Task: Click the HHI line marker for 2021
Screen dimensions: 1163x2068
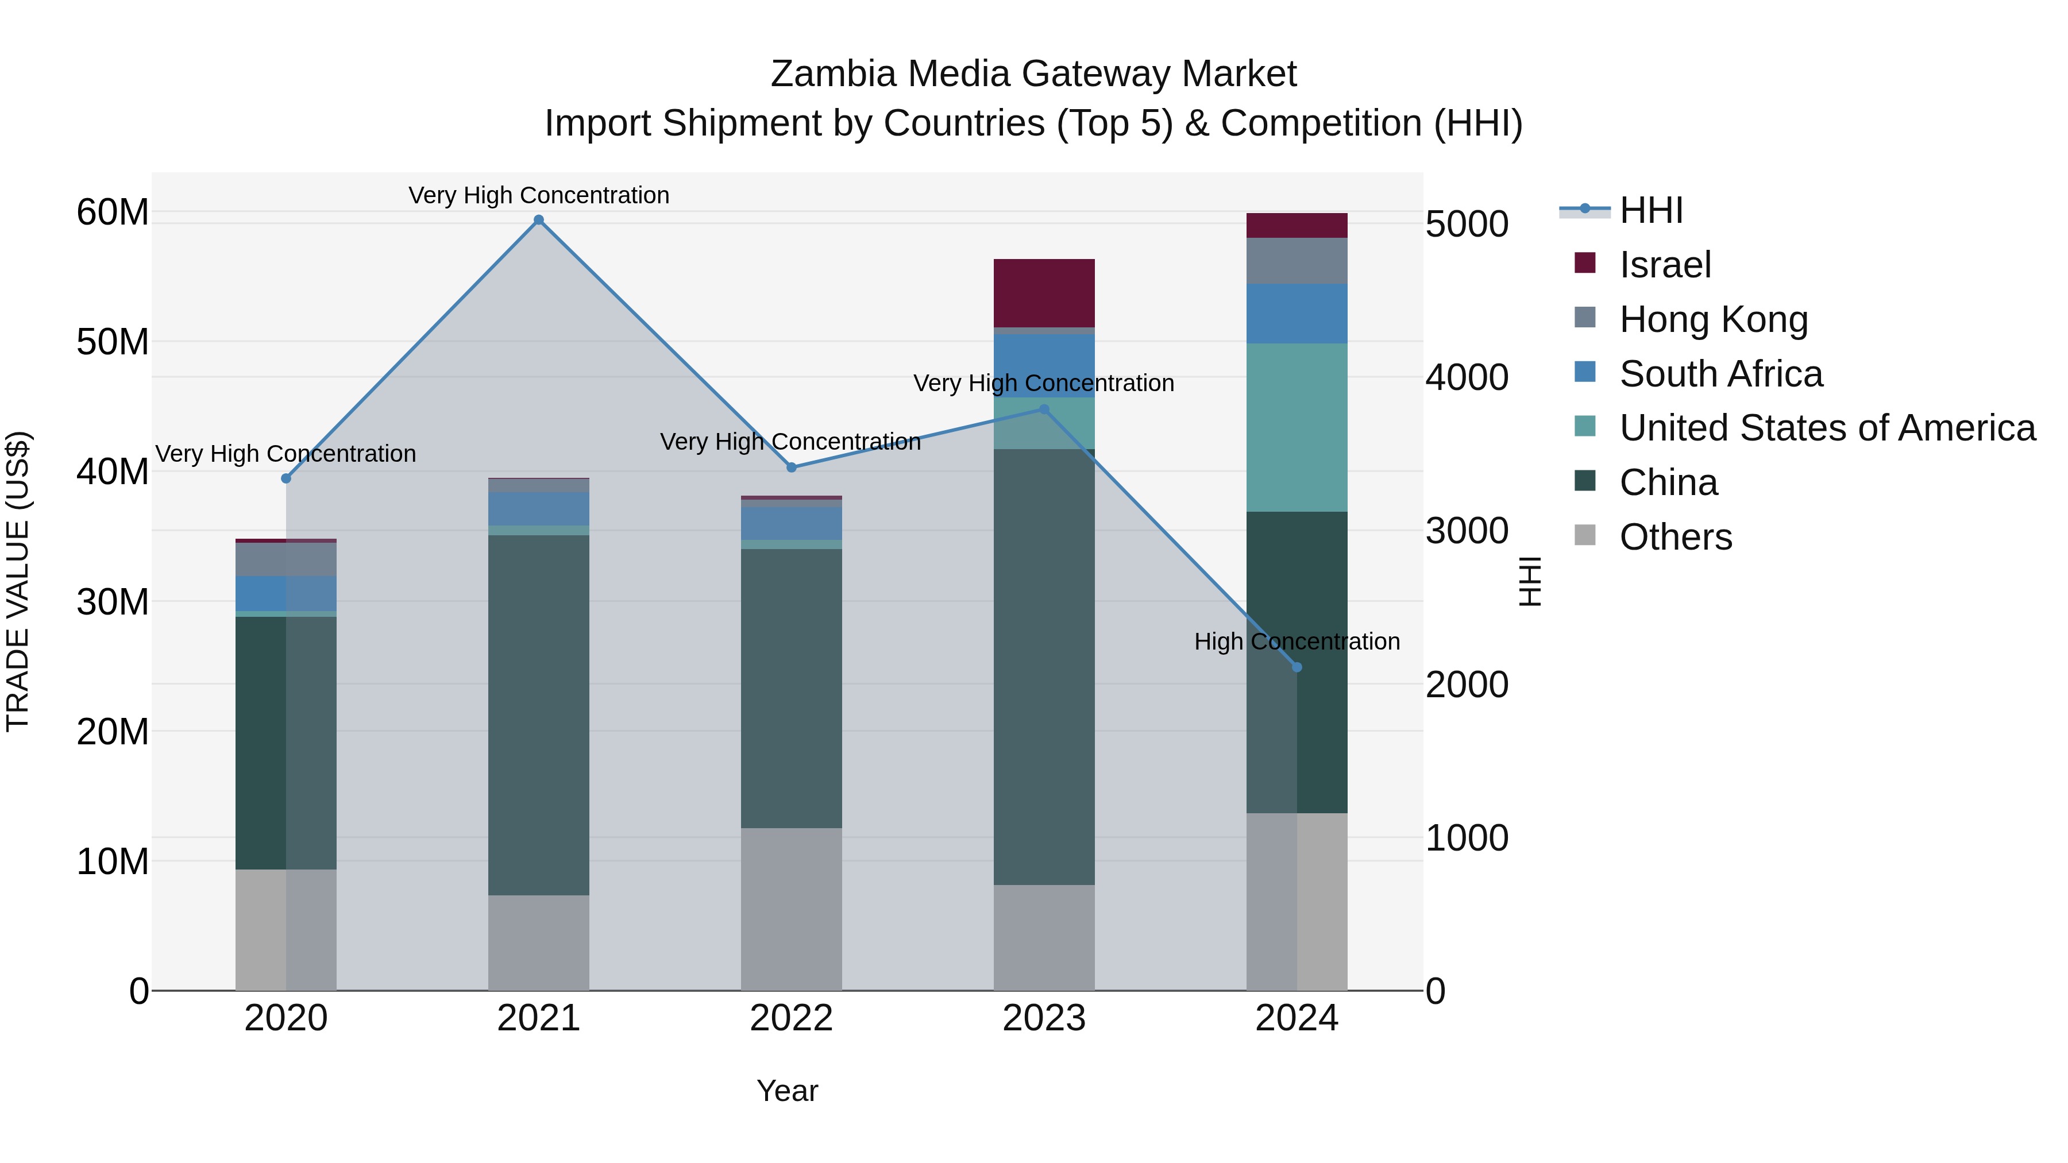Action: (539, 220)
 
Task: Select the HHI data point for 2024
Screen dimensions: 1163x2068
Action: (1297, 667)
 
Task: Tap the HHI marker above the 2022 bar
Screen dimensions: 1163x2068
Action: (792, 467)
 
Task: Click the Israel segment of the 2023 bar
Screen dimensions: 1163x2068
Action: (1044, 293)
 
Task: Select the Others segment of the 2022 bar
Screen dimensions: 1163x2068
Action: (792, 909)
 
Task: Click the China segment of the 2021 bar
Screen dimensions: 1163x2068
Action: (539, 714)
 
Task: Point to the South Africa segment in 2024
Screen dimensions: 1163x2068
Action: (1297, 314)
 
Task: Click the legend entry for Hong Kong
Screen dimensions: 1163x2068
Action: (1713, 319)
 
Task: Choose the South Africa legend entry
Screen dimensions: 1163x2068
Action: (1720, 374)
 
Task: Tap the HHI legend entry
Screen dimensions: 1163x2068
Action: (1650, 210)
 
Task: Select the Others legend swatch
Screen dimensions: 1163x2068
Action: (1585, 535)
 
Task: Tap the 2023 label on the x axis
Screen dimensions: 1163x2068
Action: (1044, 1018)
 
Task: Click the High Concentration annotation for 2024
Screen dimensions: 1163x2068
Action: (1297, 642)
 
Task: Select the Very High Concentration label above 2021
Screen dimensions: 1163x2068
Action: (539, 195)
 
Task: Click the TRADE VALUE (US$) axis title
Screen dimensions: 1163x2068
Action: (18, 581)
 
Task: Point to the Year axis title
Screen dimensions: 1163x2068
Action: (787, 1091)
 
